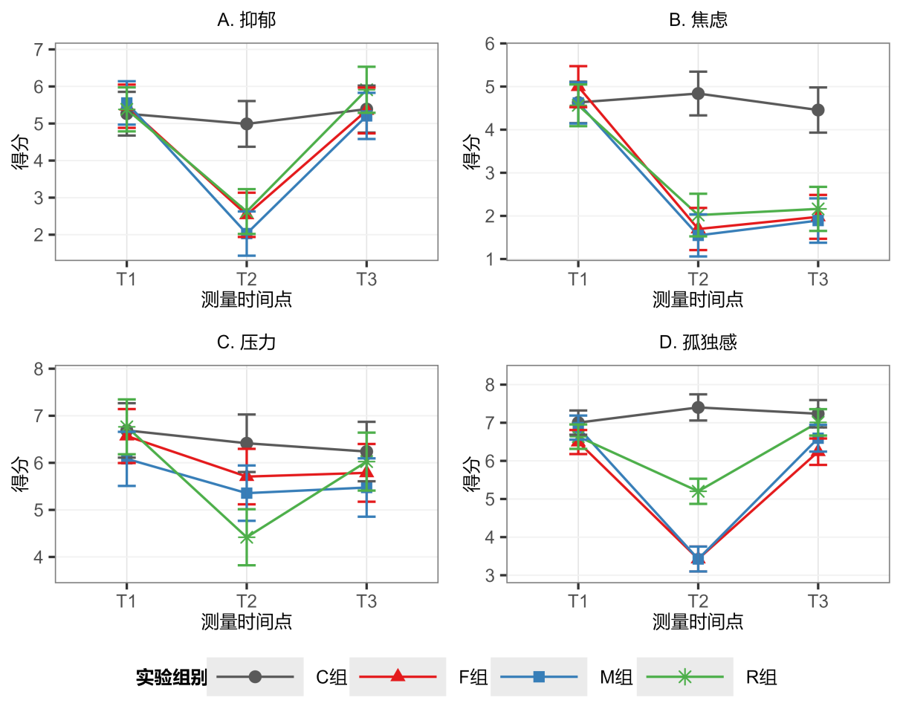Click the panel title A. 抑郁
246,21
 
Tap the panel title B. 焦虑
698,21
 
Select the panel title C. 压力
246,343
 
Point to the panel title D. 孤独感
698,343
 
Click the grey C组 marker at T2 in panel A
247,123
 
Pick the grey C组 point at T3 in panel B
818,110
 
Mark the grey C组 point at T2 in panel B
698,94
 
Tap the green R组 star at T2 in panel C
247,537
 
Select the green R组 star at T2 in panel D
698,491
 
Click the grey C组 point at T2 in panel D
698,407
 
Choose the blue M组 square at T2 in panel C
247,493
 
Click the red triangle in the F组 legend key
398,676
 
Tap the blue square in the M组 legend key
540,676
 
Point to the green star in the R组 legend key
685,676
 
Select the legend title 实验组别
171,677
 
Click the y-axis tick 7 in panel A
39,50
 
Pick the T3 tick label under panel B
818,279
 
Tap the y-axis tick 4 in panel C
39,557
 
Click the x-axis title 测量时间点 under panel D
698,621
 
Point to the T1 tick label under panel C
127,601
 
